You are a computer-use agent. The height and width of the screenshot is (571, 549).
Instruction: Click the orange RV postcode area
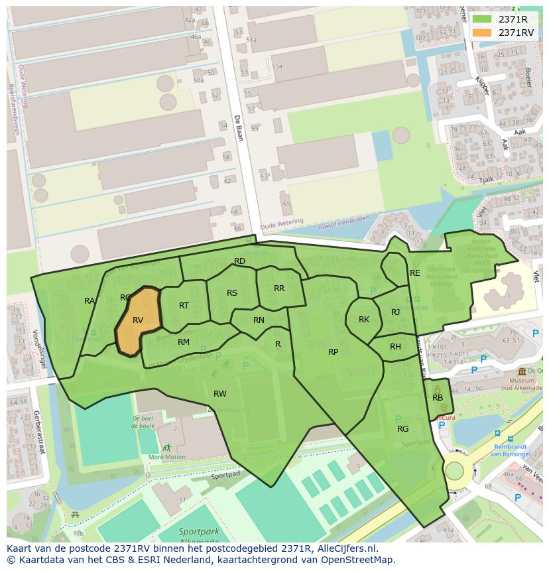[x=138, y=320]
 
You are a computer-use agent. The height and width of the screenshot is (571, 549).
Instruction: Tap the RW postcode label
[x=219, y=394]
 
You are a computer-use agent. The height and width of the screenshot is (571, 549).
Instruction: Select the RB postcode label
[x=438, y=398]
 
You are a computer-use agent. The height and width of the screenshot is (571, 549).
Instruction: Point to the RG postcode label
[x=402, y=429]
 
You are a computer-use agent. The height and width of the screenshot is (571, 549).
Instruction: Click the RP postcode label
[x=333, y=352]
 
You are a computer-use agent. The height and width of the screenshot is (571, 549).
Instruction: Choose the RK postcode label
[x=364, y=320]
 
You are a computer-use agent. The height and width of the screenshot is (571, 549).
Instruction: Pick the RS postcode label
[x=232, y=293]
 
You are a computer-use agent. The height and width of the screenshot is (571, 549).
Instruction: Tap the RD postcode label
[x=240, y=261]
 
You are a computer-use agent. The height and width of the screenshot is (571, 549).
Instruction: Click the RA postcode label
[x=90, y=301]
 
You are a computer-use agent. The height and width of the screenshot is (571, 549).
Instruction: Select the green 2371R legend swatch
[x=482, y=19]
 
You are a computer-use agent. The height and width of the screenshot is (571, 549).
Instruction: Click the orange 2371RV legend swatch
[x=482, y=32]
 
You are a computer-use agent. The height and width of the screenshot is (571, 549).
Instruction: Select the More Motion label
[x=166, y=457]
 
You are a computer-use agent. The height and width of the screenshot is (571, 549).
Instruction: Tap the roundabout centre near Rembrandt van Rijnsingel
[x=454, y=471]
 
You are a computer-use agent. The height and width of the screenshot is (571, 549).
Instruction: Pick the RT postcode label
[x=184, y=306]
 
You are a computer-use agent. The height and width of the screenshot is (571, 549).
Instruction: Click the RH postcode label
[x=395, y=347]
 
